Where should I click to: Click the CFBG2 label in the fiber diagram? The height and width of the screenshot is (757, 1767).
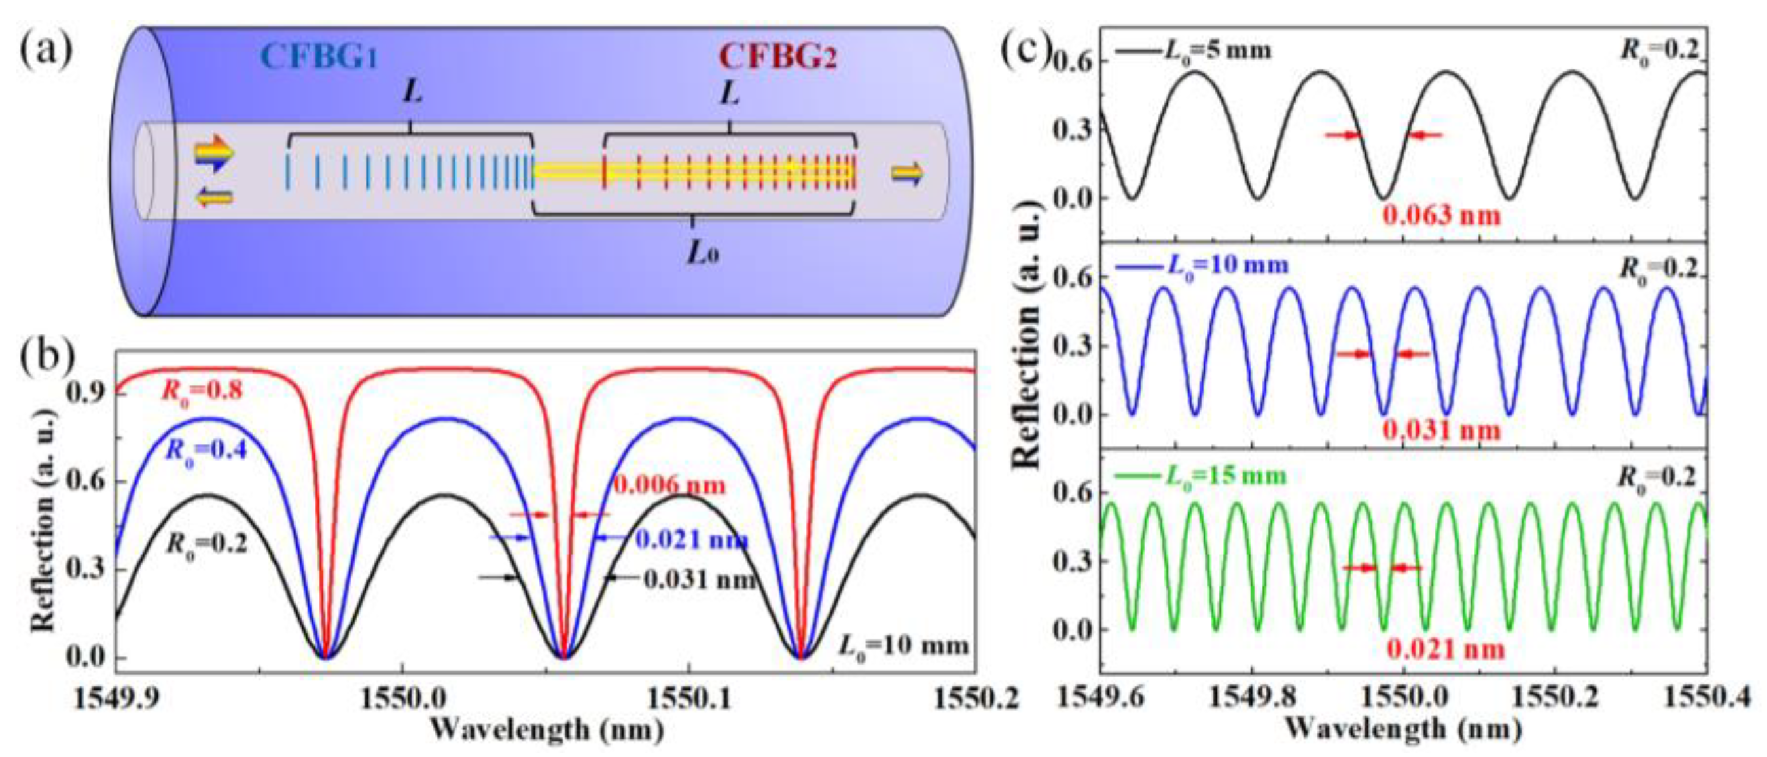778,57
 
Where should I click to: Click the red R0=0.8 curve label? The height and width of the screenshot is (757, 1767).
202,392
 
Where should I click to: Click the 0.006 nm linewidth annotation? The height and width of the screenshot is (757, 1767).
669,485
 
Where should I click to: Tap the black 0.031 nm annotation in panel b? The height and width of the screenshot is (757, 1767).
700,580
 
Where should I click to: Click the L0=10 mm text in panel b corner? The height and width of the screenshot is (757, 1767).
904,645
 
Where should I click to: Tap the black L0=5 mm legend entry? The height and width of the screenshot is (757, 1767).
1194,50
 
